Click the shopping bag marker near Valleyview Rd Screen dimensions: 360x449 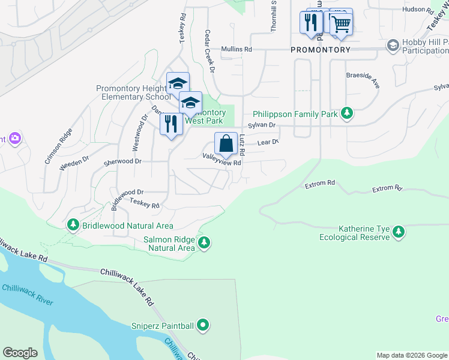pos(226,144)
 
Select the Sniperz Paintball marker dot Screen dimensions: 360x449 pos(203,326)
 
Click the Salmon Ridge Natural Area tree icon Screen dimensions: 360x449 pos(205,242)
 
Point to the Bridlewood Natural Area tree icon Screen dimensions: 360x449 pos(73,225)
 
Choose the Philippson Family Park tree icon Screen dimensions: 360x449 pos(346,112)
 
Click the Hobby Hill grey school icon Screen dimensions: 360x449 pos(393,46)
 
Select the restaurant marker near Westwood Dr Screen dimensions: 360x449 pos(172,124)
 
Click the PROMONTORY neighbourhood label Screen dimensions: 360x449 pos(321,50)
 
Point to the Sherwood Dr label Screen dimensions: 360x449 pos(122,161)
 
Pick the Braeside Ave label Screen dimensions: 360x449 pos(363,79)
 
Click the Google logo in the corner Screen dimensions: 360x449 pos(20,353)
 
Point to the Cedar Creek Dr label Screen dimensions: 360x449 pos(209,51)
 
